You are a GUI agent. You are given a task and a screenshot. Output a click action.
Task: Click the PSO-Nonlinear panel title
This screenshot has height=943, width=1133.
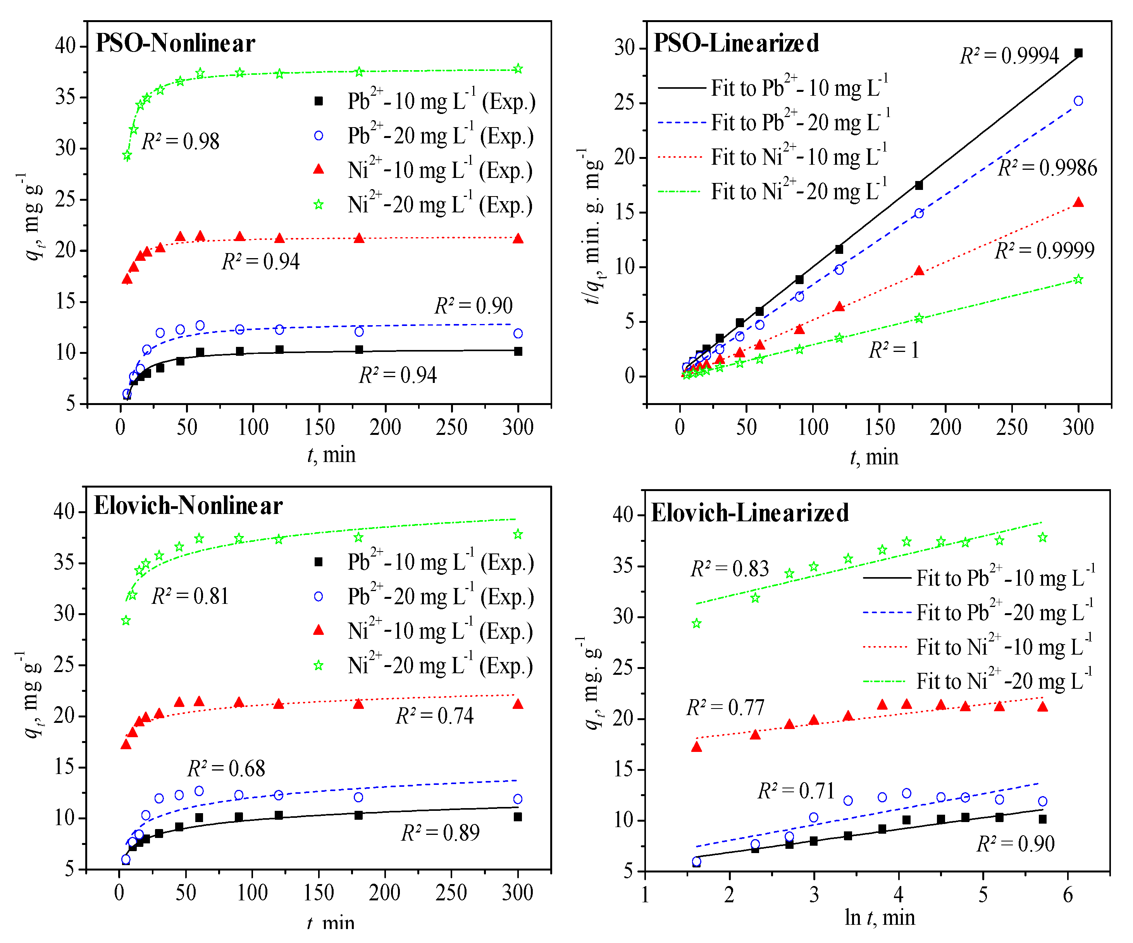[176, 43]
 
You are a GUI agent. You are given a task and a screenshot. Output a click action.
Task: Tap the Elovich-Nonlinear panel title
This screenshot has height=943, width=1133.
[188, 506]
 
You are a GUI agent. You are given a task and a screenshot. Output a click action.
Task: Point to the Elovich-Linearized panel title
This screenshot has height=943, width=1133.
[750, 513]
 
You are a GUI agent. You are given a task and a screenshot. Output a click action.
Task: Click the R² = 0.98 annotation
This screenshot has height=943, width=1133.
[180, 141]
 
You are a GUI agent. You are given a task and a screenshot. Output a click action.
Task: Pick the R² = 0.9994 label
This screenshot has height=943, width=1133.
[1009, 55]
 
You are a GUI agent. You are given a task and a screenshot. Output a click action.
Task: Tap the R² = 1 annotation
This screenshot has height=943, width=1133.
[894, 350]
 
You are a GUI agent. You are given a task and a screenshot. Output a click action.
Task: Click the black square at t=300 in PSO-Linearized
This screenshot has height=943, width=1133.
[1078, 53]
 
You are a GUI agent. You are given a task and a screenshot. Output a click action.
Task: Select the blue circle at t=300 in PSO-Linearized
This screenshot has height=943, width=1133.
[1078, 101]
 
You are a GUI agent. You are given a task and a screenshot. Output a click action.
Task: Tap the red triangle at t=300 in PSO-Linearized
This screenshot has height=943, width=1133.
[1078, 202]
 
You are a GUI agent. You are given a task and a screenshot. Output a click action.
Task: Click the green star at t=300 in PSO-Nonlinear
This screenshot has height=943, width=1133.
[518, 69]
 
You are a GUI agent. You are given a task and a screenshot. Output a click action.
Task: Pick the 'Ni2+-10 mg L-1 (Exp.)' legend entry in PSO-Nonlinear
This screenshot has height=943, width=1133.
[424, 170]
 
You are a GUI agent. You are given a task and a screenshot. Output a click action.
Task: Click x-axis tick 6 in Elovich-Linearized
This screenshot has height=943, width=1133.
[1068, 895]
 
